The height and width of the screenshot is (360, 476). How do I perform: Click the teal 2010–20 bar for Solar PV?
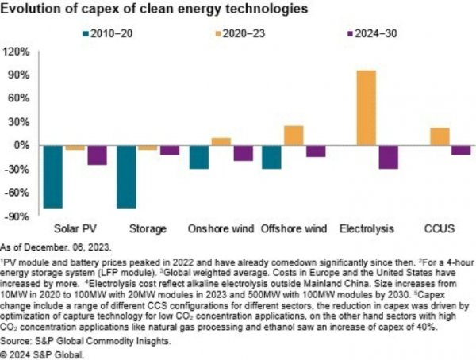(x=54, y=177)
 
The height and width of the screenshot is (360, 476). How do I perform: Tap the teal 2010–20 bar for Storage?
(x=126, y=177)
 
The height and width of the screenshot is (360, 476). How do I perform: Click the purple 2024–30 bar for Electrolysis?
(x=388, y=157)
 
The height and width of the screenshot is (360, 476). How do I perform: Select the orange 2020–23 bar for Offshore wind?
(x=294, y=136)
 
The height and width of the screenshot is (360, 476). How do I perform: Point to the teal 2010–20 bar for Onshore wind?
(x=199, y=157)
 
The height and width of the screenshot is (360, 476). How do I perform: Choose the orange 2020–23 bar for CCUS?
(x=439, y=136)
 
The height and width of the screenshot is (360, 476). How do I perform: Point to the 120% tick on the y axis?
(x=17, y=52)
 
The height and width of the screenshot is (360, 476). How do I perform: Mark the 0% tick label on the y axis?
(x=23, y=146)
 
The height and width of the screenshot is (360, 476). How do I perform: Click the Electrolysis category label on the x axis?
(x=366, y=229)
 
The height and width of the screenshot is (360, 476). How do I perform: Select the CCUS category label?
(x=439, y=229)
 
